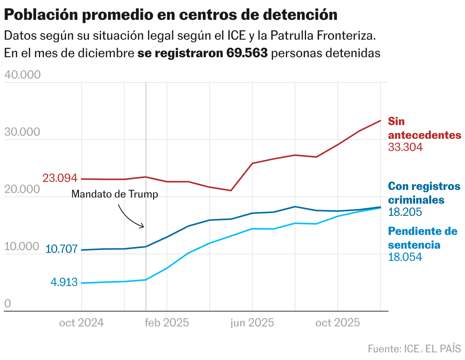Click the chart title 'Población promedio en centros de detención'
click(x=170, y=15)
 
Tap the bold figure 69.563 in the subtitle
click(x=247, y=53)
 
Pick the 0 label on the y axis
click(x=8, y=304)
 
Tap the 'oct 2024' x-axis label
click(x=81, y=323)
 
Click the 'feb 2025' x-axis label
click(x=167, y=323)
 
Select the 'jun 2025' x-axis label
click(x=252, y=323)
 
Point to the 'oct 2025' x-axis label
click(x=338, y=323)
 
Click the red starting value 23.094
click(x=60, y=178)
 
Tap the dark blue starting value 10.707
click(x=62, y=249)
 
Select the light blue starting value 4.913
click(x=64, y=283)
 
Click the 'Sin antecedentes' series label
click(x=424, y=129)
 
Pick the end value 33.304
click(x=405, y=147)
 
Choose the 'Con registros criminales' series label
click(x=424, y=193)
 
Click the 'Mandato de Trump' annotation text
click(x=114, y=194)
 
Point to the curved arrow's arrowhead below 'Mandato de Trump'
click(x=143, y=226)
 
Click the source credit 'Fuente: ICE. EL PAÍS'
click(x=414, y=349)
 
